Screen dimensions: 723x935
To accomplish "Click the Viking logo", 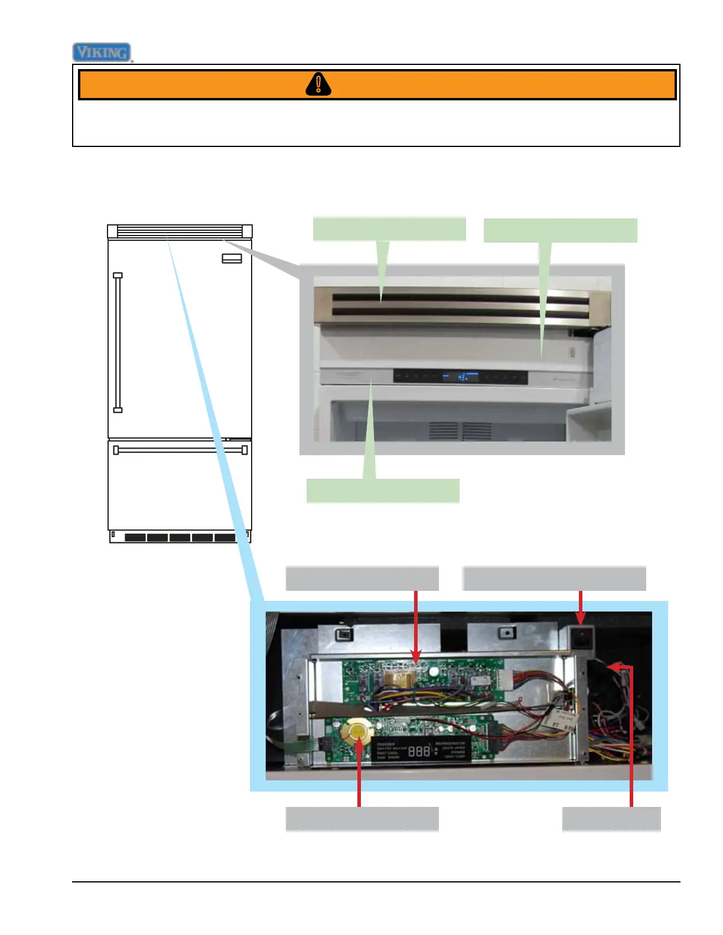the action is (x=102, y=53).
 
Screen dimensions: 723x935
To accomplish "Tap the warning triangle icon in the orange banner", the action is (x=318, y=84).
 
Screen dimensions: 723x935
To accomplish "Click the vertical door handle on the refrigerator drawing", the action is (x=118, y=342).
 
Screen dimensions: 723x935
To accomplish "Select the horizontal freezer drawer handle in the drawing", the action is (x=180, y=450).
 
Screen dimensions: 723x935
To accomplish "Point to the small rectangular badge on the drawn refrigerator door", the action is (x=232, y=258).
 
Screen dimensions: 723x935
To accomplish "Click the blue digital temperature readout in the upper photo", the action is (x=463, y=376).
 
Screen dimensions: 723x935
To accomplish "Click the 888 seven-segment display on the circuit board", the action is (x=419, y=751).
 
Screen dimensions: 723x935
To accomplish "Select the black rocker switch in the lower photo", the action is (x=581, y=636).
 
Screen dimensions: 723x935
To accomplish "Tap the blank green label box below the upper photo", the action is (x=383, y=491).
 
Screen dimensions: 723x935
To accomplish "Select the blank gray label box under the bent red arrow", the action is (x=611, y=819).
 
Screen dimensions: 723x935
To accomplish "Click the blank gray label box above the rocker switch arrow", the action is (x=554, y=578).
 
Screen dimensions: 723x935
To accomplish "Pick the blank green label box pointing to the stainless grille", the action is (x=389, y=229).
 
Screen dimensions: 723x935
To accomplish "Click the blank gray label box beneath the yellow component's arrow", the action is (x=362, y=819).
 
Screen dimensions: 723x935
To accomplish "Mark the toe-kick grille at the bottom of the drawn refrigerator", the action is (x=180, y=537).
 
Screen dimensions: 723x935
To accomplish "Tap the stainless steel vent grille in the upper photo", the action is (x=461, y=306).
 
